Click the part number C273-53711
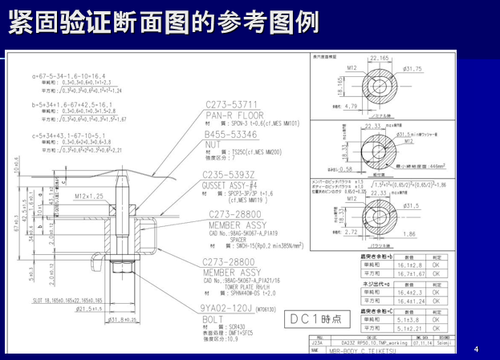click(x=232, y=104)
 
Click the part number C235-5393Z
click(x=230, y=175)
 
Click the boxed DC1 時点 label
click(x=316, y=318)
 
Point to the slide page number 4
click(x=476, y=349)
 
